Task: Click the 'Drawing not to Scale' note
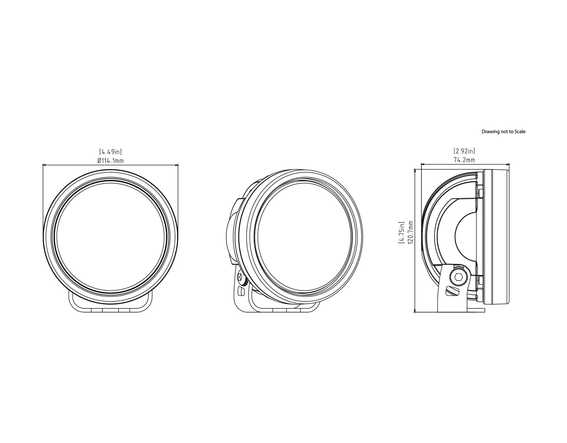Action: click(x=503, y=132)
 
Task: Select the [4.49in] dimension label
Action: click(x=111, y=152)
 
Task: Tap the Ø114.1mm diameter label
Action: click(x=111, y=161)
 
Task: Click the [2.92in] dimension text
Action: click(x=464, y=151)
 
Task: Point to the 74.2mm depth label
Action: click(x=464, y=160)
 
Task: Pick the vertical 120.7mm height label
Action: click(x=410, y=232)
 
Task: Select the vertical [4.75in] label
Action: click(x=401, y=232)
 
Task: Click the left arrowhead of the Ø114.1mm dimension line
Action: click(x=44, y=165)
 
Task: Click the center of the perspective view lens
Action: click(x=305, y=238)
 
